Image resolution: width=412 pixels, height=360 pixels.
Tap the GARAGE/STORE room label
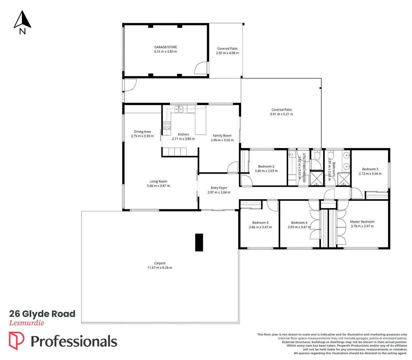[165, 47]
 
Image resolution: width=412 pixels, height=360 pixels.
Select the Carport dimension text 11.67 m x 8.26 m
[160, 268]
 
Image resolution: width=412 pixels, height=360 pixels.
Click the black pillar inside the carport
[199, 242]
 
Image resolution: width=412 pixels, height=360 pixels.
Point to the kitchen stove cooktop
[167, 125]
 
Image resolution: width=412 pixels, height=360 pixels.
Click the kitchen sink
[179, 109]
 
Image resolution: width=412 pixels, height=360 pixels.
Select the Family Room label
[222, 136]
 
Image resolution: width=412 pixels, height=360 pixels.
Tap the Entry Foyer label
[219, 188]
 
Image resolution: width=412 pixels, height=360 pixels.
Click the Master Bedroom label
[362, 222]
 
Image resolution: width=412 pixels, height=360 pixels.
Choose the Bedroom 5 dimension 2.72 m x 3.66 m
[370, 174]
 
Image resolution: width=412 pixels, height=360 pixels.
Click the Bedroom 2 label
[266, 166]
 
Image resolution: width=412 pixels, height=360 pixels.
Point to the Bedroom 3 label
[260, 223]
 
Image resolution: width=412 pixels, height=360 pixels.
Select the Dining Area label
[142, 132]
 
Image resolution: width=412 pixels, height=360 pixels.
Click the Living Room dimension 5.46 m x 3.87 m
[158, 186]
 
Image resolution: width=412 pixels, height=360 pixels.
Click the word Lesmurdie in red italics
[27, 323]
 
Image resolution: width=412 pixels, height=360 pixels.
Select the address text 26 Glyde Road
[42, 314]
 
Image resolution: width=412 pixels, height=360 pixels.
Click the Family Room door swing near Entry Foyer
[233, 167]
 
